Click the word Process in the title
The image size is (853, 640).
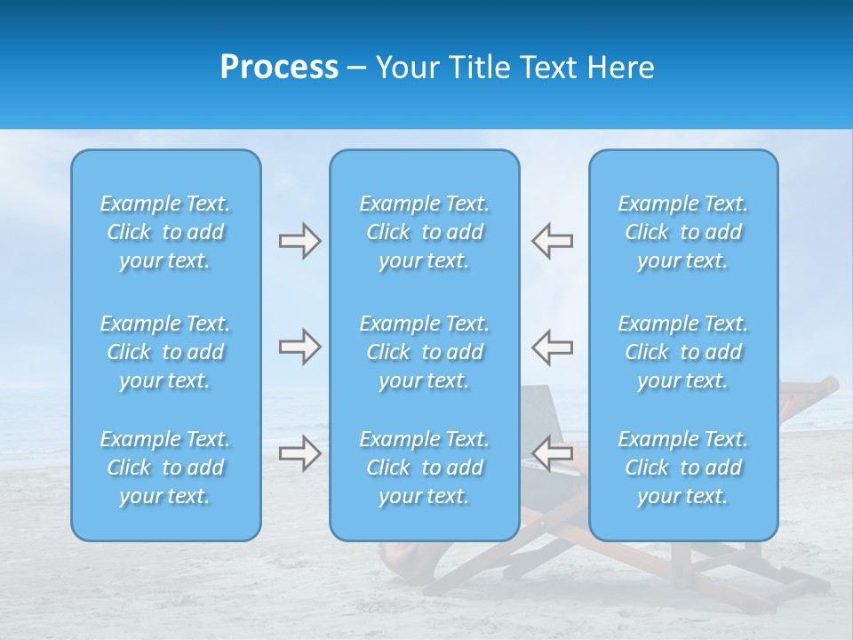pos(279,68)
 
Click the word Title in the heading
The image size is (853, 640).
pos(477,68)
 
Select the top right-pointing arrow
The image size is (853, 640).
pos(299,241)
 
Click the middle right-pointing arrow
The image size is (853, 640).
pos(299,347)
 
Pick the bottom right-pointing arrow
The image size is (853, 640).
pos(299,454)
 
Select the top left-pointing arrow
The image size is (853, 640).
pos(553,241)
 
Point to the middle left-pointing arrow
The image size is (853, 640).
pos(553,347)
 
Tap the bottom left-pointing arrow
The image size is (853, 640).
pos(553,454)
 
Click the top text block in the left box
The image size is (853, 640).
pos(165,232)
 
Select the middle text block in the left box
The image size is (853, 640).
pos(165,352)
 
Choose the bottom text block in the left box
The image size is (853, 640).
pos(165,468)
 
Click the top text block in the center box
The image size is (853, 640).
pos(425,232)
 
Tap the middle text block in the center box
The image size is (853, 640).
pos(425,352)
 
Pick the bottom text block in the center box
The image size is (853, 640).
pos(425,468)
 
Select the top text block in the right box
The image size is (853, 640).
pos(683,232)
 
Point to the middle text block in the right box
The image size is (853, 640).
pos(683,352)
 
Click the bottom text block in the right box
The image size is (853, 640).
pos(683,468)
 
